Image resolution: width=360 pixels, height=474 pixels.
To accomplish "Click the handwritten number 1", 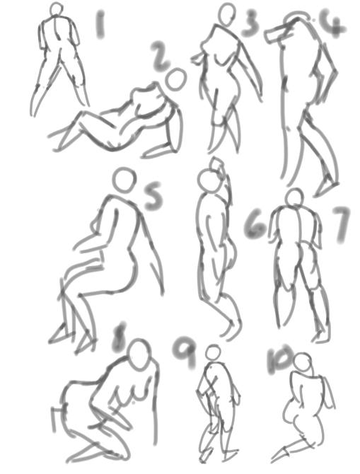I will click(101, 26).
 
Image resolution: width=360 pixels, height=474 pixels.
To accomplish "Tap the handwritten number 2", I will click(161, 56).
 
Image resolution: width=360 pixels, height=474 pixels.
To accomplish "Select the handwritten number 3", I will click(250, 23).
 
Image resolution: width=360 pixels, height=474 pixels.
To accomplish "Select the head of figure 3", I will click(227, 13).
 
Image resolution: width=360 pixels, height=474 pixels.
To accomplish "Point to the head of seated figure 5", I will click(124, 180).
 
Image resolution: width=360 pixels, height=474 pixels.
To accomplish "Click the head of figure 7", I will click(294, 197).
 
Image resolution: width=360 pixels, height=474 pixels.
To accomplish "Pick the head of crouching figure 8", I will click(139, 354).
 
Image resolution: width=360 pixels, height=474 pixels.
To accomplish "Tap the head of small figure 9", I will click(212, 352).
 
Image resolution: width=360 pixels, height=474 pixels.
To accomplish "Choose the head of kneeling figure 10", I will click(302, 363).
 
